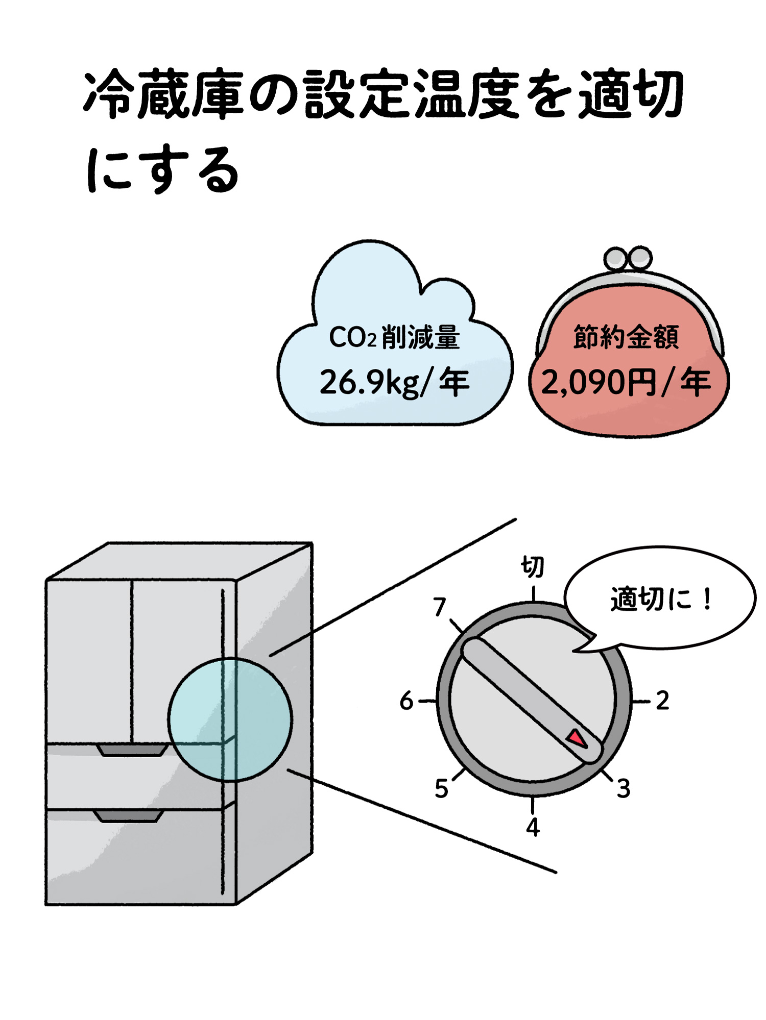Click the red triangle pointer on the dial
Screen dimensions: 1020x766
pyautogui.click(x=578, y=738)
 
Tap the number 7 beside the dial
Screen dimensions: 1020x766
pyautogui.click(x=440, y=607)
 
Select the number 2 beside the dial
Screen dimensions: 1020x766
pyautogui.click(x=662, y=701)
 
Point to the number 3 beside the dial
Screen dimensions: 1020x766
pyautogui.click(x=624, y=788)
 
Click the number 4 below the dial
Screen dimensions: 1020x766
pyautogui.click(x=533, y=827)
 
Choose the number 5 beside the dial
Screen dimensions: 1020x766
pyautogui.click(x=441, y=788)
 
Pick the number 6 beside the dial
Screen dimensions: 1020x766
pyautogui.click(x=406, y=701)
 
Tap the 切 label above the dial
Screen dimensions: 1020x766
pyautogui.click(x=532, y=567)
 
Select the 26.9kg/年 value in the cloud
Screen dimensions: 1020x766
pyautogui.click(x=394, y=382)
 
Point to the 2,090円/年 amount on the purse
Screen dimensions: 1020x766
pyautogui.click(x=626, y=382)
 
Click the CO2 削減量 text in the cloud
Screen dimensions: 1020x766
pyautogui.click(x=394, y=337)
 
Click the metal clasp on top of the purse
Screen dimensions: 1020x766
pyautogui.click(x=628, y=259)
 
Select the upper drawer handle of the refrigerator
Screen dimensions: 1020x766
pyautogui.click(x=132, y=750)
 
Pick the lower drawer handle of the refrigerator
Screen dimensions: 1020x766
pyautogui.click(x=129, y=815)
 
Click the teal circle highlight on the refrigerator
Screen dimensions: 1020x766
pyautogui.click(x=230, y=719)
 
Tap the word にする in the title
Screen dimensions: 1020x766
pyautogui.click(x=162, y=170)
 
